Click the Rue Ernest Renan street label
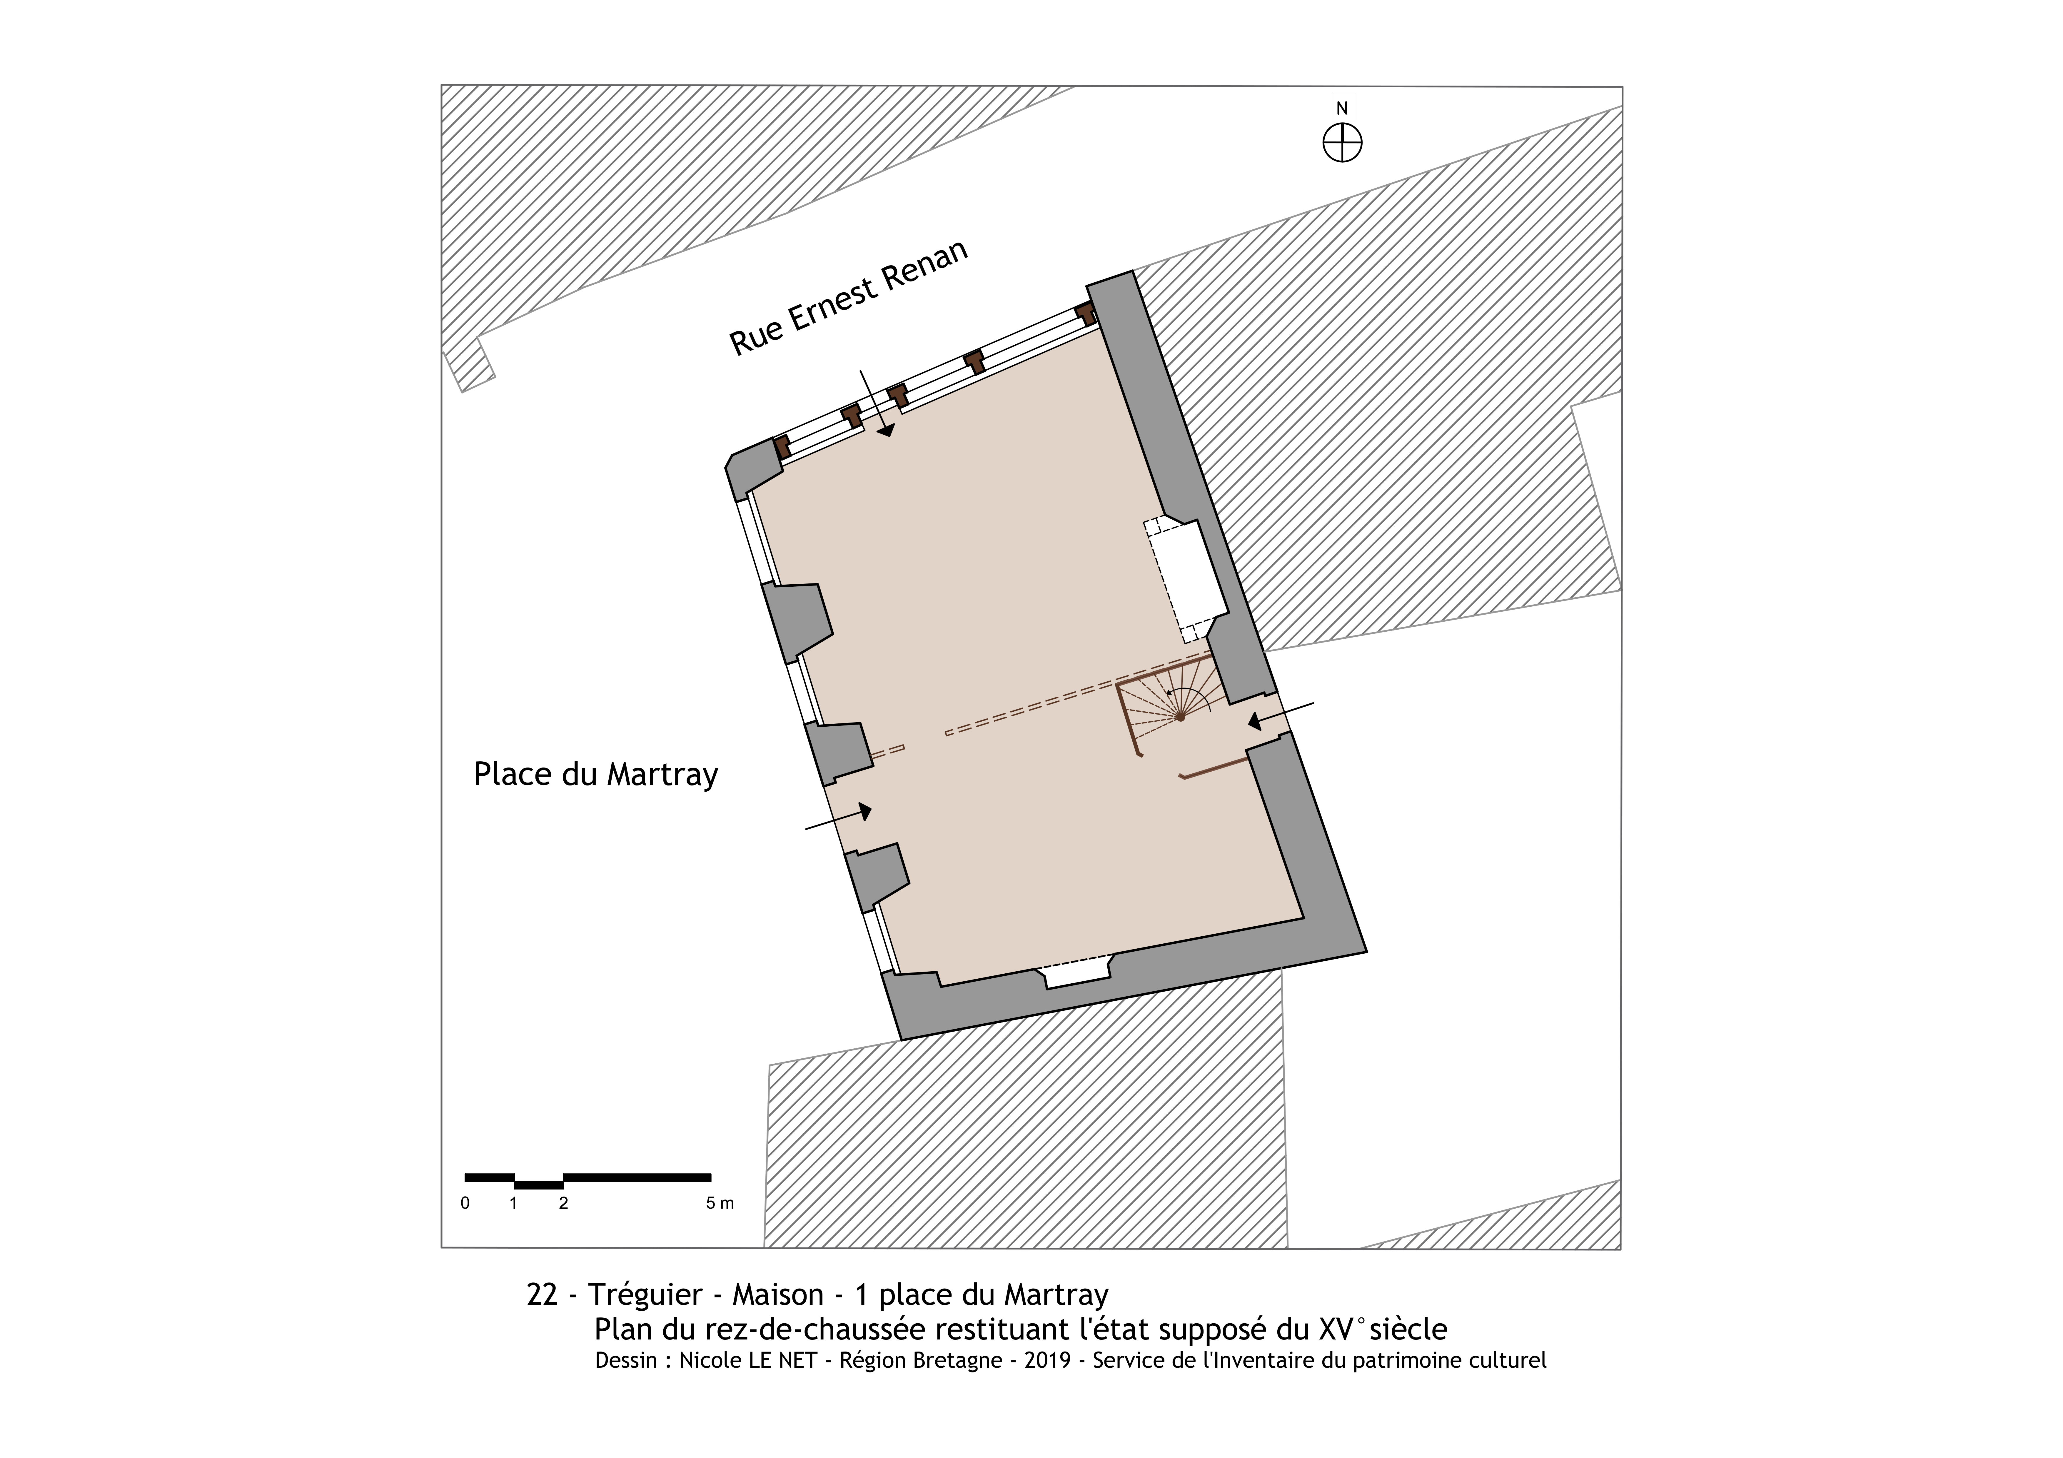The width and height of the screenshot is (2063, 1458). point(848,297)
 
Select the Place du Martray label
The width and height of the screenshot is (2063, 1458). point(596,774)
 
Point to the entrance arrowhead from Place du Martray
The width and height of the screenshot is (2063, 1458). point(864,811)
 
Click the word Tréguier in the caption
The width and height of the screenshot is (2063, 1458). point(645,1294)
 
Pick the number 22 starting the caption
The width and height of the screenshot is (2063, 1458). point(542,1294)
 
